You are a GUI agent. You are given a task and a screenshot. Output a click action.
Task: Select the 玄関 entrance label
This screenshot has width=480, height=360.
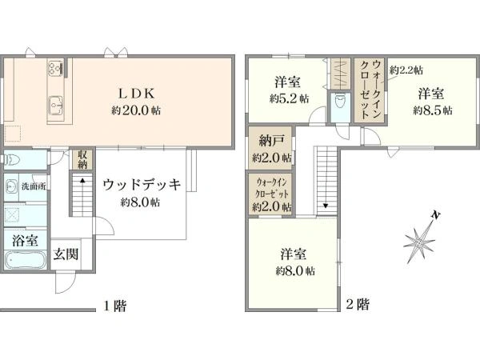(66, 256)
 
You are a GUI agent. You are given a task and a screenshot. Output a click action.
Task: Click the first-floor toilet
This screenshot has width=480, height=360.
(10, 158)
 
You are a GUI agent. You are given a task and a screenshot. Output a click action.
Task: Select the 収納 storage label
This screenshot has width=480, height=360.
(82, 159)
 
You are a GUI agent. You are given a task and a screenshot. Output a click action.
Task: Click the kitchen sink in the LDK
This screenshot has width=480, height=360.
(56, 103)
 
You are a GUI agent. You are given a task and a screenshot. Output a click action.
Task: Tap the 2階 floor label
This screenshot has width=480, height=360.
(358, 305)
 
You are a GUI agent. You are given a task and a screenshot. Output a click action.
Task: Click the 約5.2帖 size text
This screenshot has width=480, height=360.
(286, 99)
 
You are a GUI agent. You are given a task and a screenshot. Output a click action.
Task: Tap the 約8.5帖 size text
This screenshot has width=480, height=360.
(433, 110)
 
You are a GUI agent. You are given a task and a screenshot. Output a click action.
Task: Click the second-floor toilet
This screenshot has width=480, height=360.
(341, 102)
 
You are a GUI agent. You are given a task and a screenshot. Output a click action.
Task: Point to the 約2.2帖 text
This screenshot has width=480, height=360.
(406, 70)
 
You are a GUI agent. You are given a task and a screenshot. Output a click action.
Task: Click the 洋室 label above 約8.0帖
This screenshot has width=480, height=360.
(294, 254)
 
